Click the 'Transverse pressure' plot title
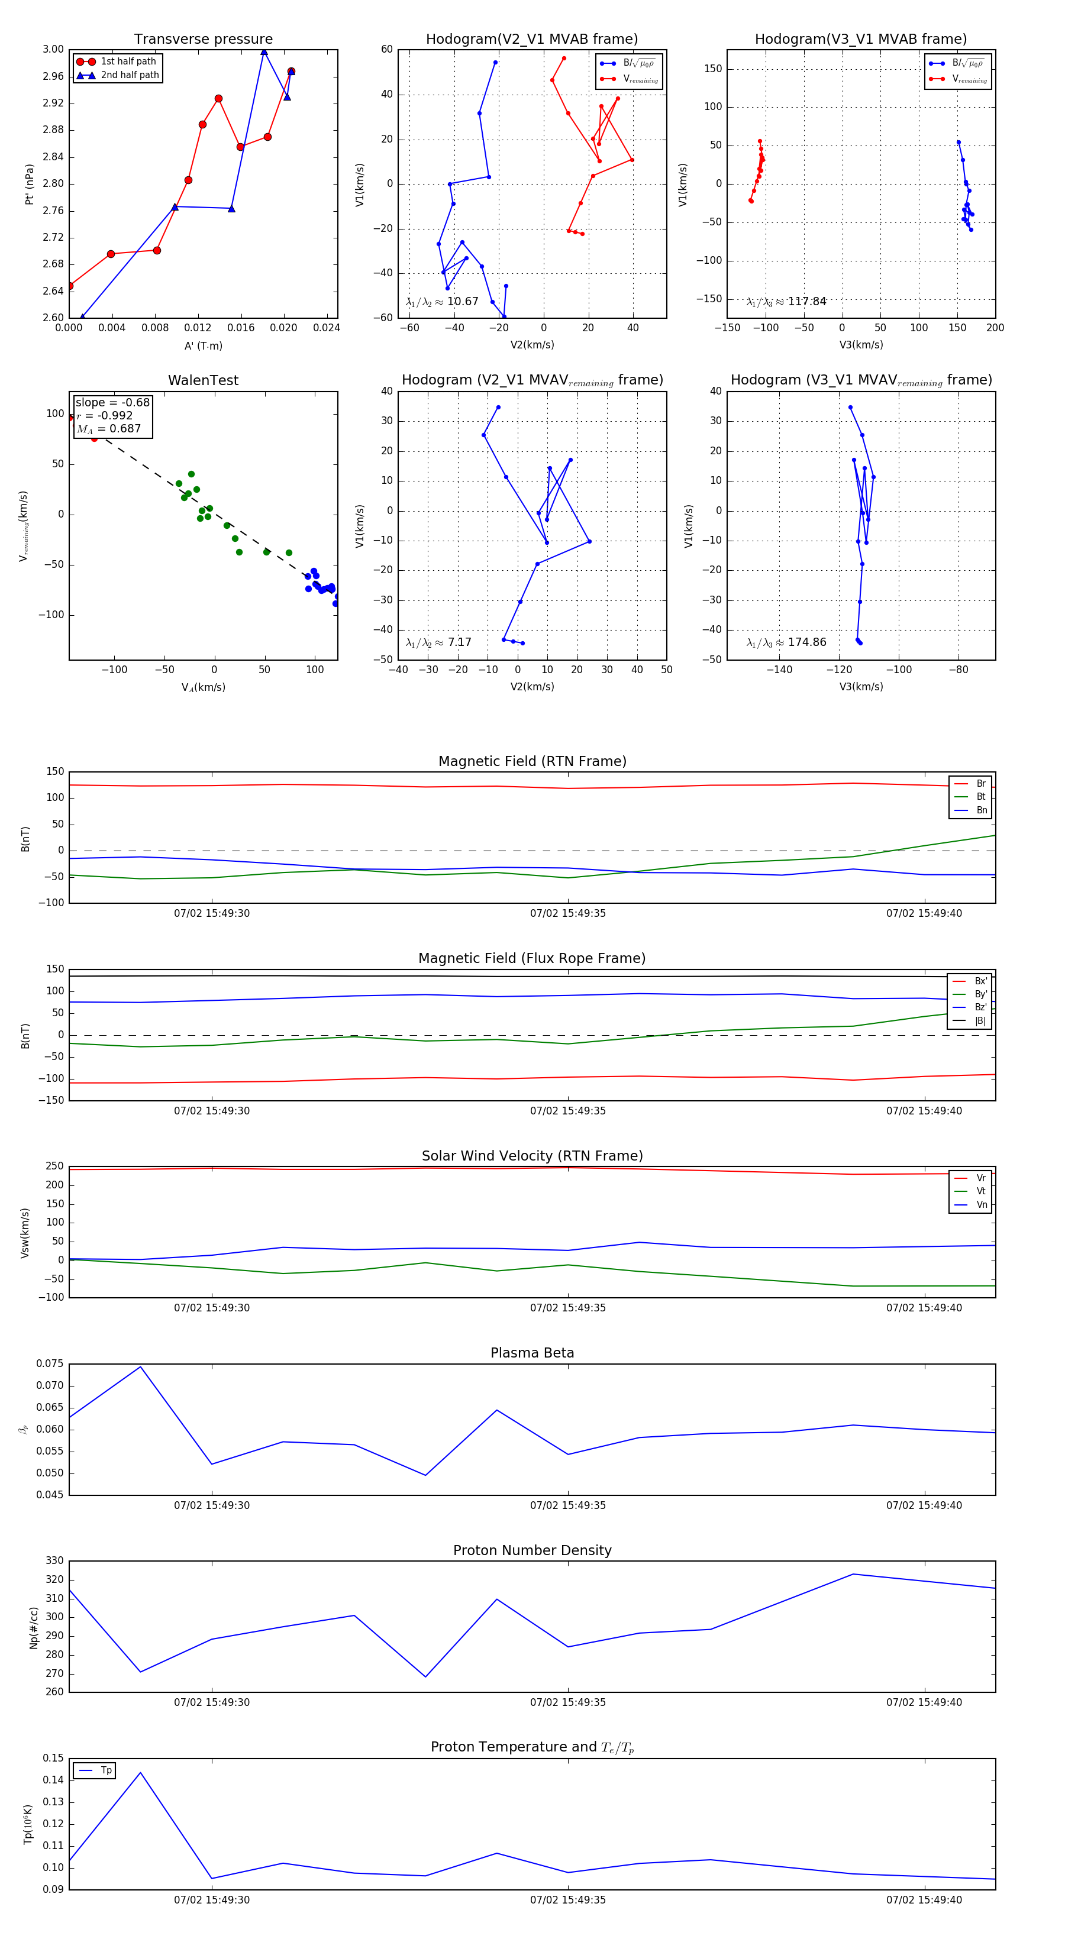(203, 40)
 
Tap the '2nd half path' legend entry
(130, 75)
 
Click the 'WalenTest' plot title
(203, 380)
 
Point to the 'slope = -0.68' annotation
(112, 402)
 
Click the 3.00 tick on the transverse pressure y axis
(53, 49)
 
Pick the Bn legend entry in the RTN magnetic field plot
(981, 810)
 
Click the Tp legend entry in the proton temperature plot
(106, 1770)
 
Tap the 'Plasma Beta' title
(532, 1353)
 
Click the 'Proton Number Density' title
(532, 1550)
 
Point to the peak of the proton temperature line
(140, 1772)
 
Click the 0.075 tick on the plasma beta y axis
(50, 1363)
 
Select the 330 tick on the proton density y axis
(54, 1560)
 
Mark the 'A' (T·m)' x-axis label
(203, 345)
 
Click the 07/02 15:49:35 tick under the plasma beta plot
(568, 1505)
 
